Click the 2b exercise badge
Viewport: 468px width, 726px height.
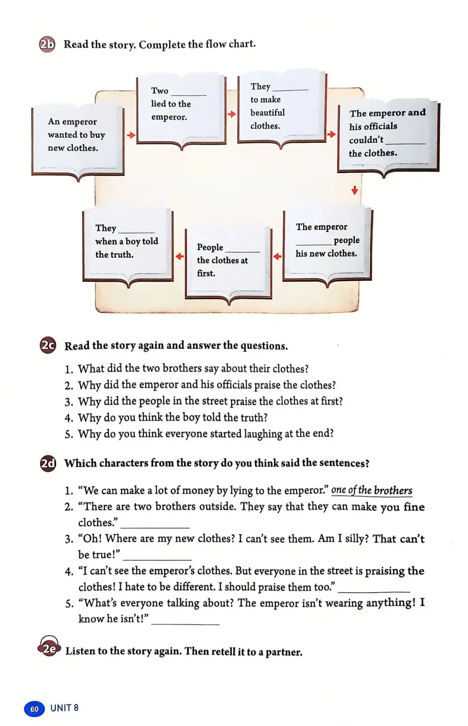point(47,45)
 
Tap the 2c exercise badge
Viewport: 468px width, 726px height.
point(48,346)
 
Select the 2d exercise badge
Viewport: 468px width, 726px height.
point(48,463)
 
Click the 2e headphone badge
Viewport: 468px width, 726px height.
point(49,648)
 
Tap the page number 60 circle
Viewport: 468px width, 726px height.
point(34,709)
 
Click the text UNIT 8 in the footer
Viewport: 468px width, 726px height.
point(64,708)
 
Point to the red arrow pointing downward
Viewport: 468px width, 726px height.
point(354,190)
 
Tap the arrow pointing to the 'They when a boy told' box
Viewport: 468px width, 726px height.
point(179,256)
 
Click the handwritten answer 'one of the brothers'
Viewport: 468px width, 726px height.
point(371,490)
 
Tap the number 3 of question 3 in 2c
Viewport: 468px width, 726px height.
point(68,402)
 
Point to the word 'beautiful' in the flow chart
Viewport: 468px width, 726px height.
point(267,113)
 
